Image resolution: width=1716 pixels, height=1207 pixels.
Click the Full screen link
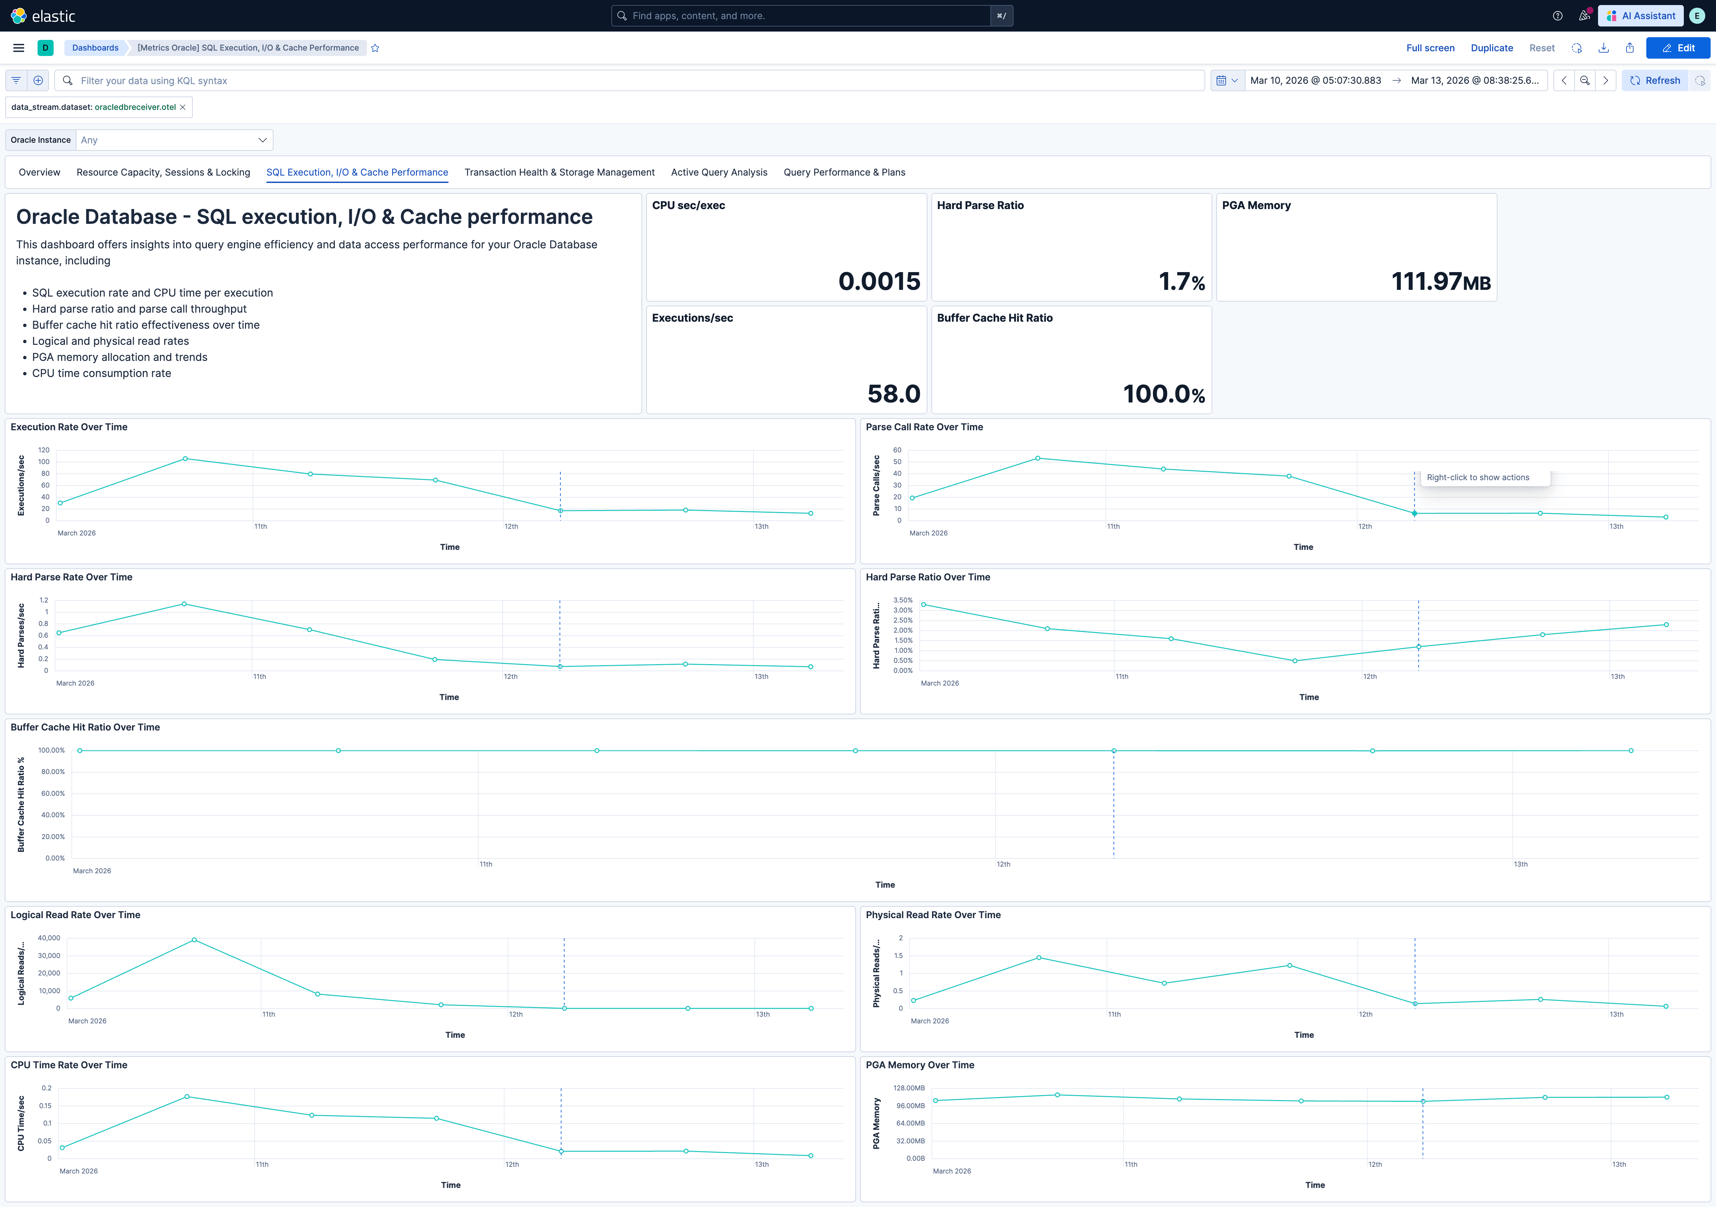click(1430, 48)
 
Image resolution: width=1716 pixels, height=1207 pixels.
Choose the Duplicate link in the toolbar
click(1491, 48)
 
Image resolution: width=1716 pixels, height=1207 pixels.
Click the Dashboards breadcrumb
click(95, 48)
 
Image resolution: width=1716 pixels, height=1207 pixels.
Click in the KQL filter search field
click(628, 81)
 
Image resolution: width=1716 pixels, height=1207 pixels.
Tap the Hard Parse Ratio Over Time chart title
click(927, 577)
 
